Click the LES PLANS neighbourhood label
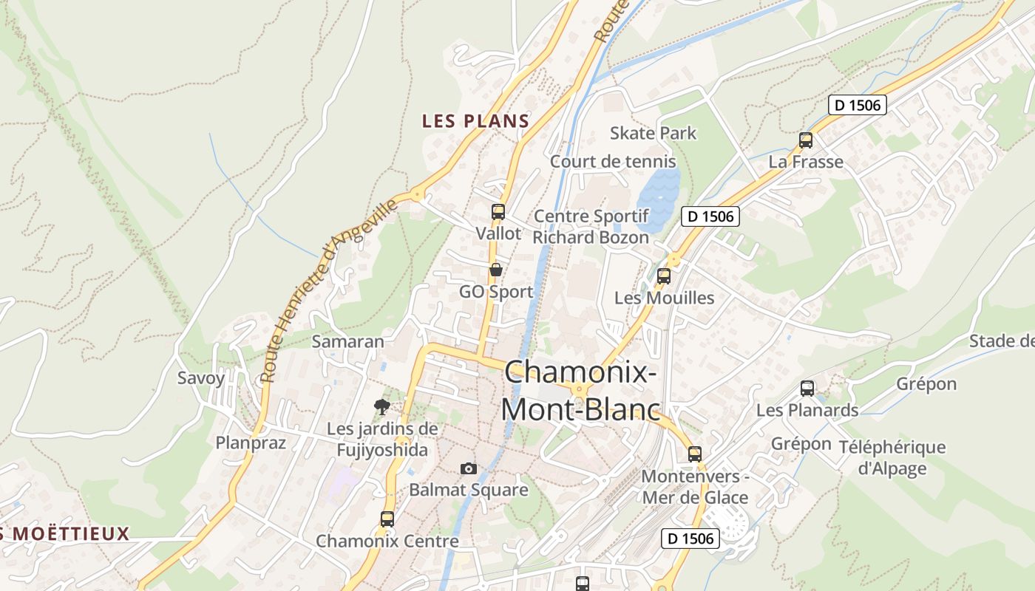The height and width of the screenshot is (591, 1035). tap(475, 121)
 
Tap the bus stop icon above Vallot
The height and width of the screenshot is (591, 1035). tap(498, 212)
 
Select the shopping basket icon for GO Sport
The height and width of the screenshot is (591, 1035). tap(495, 270)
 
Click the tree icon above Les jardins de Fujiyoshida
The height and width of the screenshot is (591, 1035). tap(381, 406)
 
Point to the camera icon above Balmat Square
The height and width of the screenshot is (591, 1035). tap(468, 468)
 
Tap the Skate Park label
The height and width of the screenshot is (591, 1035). tap(653, 133)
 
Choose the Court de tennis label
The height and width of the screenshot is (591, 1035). tap(612, 161)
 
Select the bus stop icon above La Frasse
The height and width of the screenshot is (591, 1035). tap(805, 140)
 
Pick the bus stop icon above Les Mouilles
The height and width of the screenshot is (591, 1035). tap(663, 276)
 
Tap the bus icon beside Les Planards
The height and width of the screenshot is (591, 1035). tap(807, 388)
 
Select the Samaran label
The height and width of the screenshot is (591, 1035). tap(347, 341)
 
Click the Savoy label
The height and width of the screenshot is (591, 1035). tap(200, 378)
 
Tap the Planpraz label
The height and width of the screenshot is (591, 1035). tap(250, 443)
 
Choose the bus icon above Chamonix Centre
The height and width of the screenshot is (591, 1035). tap(387, 519)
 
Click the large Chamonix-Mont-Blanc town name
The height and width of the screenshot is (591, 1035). tap(580, 389)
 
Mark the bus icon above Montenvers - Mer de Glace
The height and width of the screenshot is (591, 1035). tap(694, 454)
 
